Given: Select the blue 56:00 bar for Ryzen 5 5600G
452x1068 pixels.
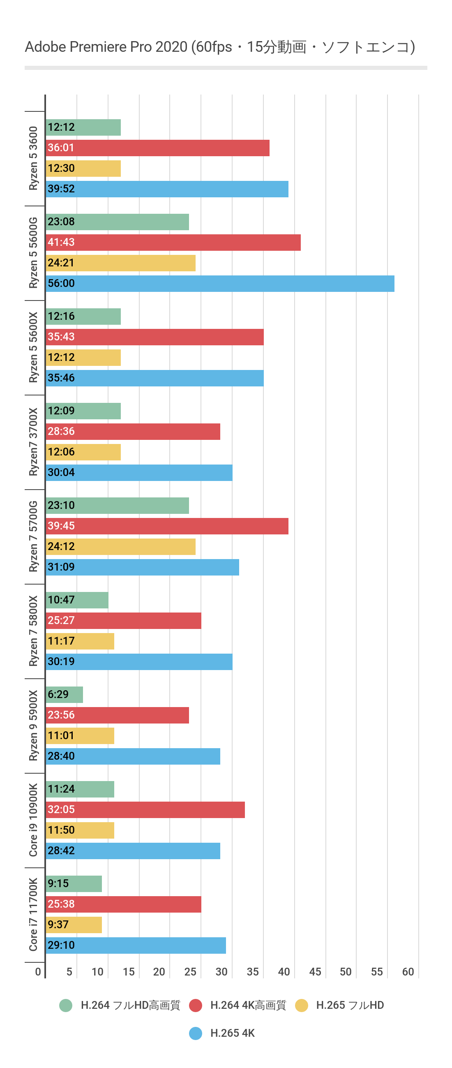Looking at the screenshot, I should coord(220,284).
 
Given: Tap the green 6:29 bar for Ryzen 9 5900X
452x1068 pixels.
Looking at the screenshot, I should coord(65,695).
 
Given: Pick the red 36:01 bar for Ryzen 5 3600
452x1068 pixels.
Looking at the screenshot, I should coord(157,148).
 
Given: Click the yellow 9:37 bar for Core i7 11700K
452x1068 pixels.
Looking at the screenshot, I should coord(74,925).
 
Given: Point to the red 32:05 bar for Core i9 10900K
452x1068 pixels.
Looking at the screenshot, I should coord(145,810).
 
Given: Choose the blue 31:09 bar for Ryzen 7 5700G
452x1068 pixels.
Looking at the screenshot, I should coord(142,567).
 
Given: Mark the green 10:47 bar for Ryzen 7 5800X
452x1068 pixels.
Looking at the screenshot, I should coord(77,600).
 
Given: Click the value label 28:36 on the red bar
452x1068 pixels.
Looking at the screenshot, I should coord(61,432).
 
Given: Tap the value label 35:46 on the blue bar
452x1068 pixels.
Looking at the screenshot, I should coord(61,378).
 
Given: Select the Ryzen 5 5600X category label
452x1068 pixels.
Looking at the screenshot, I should coord(33,347).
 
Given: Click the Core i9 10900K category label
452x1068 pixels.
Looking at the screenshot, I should coord(33,820).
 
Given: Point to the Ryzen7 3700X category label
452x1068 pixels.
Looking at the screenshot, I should coord(33,442).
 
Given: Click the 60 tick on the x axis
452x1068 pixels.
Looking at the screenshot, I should coord(408,972).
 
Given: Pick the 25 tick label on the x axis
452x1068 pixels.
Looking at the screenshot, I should coord(190,972).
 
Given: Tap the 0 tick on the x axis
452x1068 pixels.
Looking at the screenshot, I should coord(38,972).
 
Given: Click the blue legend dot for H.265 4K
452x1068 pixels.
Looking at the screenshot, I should coord(196,1033).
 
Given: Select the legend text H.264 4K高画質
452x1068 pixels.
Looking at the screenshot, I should coord(248,1006).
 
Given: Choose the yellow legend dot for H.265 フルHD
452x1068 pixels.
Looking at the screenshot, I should coord(302,1006).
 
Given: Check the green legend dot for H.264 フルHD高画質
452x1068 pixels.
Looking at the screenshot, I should coord(66,1006).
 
